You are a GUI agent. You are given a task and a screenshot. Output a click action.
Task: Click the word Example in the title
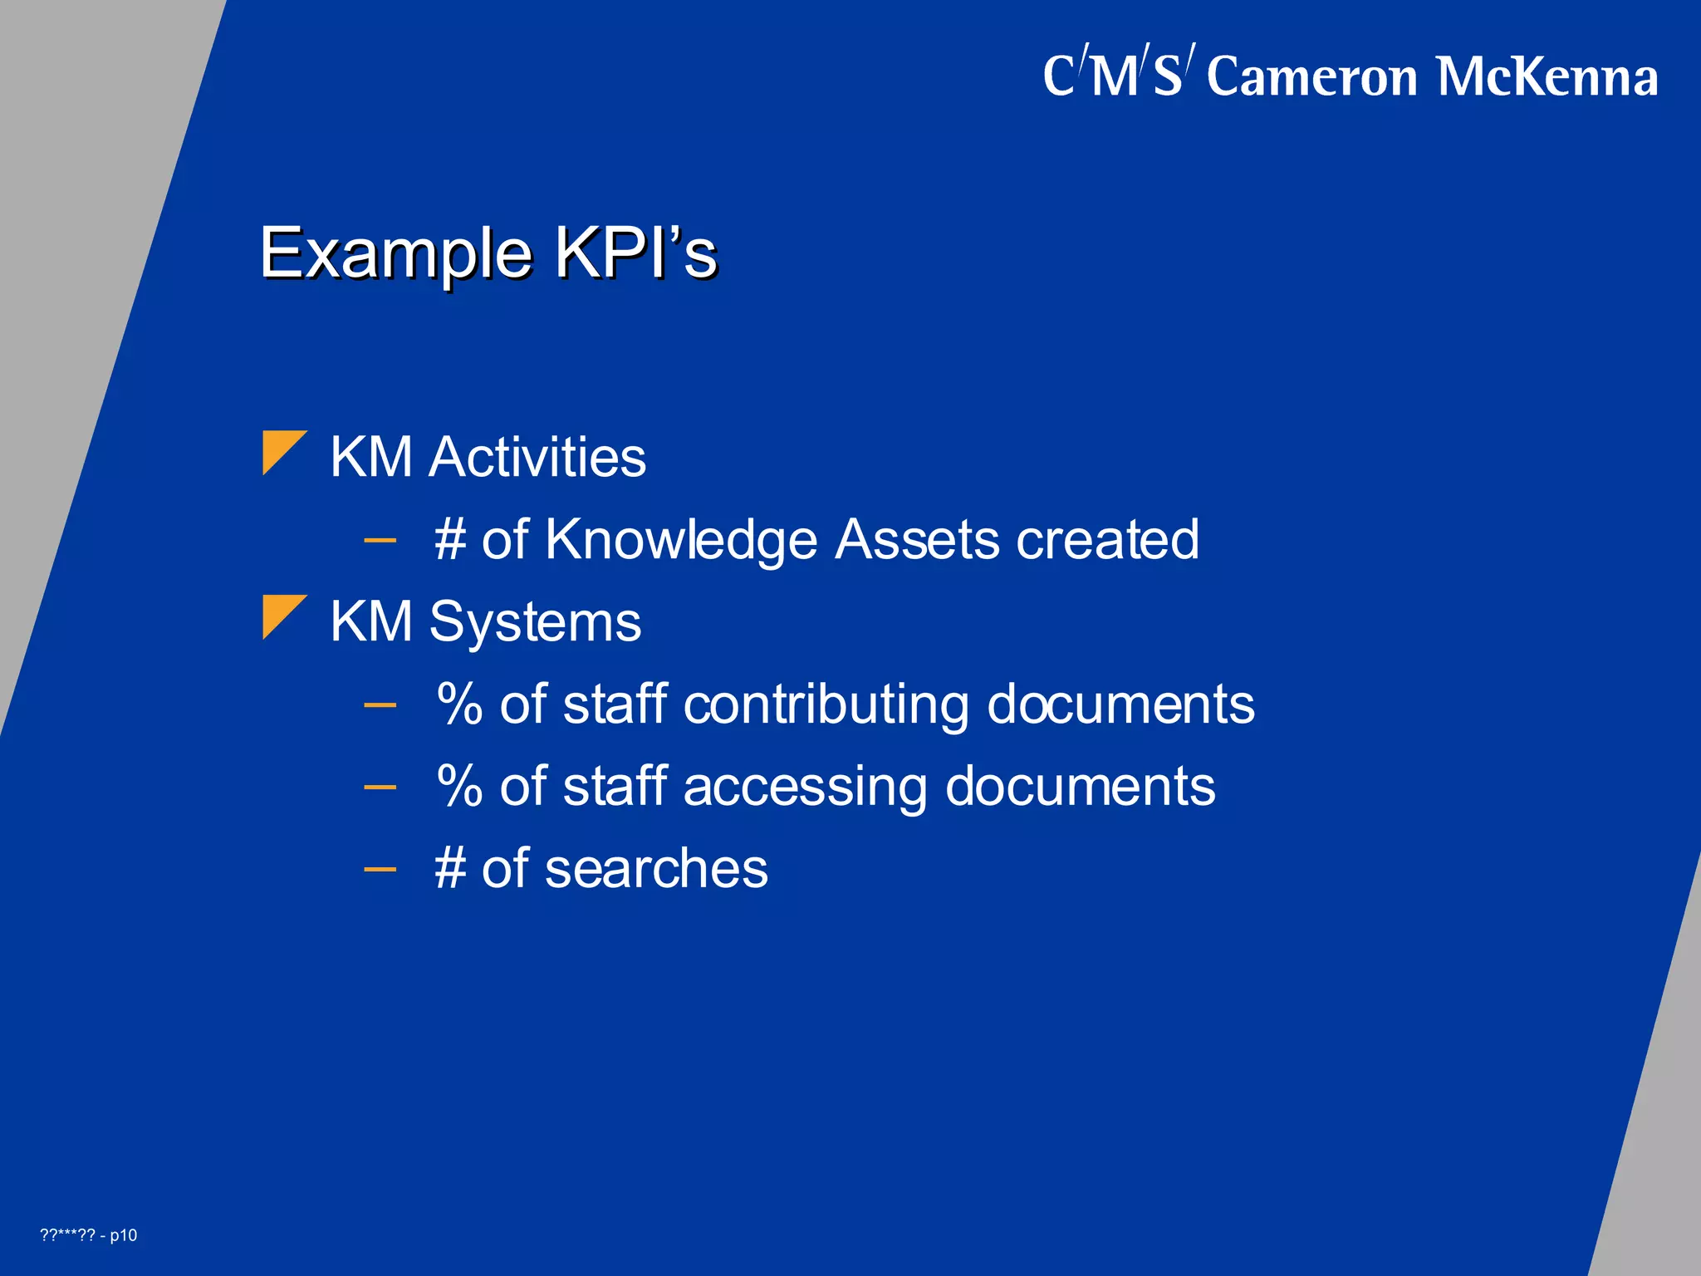click(395, 253)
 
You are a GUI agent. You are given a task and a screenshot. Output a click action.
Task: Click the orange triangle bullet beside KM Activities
click(283, 452)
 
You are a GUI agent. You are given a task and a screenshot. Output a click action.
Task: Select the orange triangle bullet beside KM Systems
click(283, 616)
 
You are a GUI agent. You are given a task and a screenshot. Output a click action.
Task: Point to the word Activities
click(537, 458)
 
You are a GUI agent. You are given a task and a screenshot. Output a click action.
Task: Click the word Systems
click(535, 622)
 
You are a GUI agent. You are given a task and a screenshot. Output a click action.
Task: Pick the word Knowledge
click(681, 541)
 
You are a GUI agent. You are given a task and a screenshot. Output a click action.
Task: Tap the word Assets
click(917, 541)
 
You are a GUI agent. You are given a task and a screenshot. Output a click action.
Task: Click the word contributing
click(826, 705)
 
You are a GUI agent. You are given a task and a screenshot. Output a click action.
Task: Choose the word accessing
click(805, 787)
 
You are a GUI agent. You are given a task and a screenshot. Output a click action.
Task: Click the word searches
click(656, 869)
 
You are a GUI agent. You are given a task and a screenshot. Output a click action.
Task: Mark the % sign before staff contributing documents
click(459, 705)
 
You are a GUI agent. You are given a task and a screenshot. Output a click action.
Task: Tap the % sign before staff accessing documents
click(459, 787)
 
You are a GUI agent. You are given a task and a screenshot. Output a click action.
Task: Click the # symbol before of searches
click(450, 869)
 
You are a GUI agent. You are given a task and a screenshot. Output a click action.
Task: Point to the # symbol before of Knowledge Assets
click(450, 541)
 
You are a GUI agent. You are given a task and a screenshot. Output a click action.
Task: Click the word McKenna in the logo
click(1547, 77)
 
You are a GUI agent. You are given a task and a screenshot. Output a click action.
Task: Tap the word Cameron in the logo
click(1312, 77)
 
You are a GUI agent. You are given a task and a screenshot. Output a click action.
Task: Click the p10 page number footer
click(123, 1235)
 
